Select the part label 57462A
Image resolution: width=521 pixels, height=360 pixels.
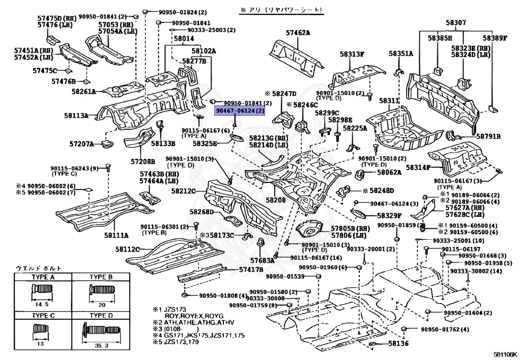point(298,33)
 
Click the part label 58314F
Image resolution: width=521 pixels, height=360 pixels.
point(418,167)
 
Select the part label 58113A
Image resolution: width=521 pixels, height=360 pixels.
point(76,116)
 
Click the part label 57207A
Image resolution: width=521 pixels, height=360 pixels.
point(82,144)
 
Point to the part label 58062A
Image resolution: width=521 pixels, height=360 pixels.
point(389,172)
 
